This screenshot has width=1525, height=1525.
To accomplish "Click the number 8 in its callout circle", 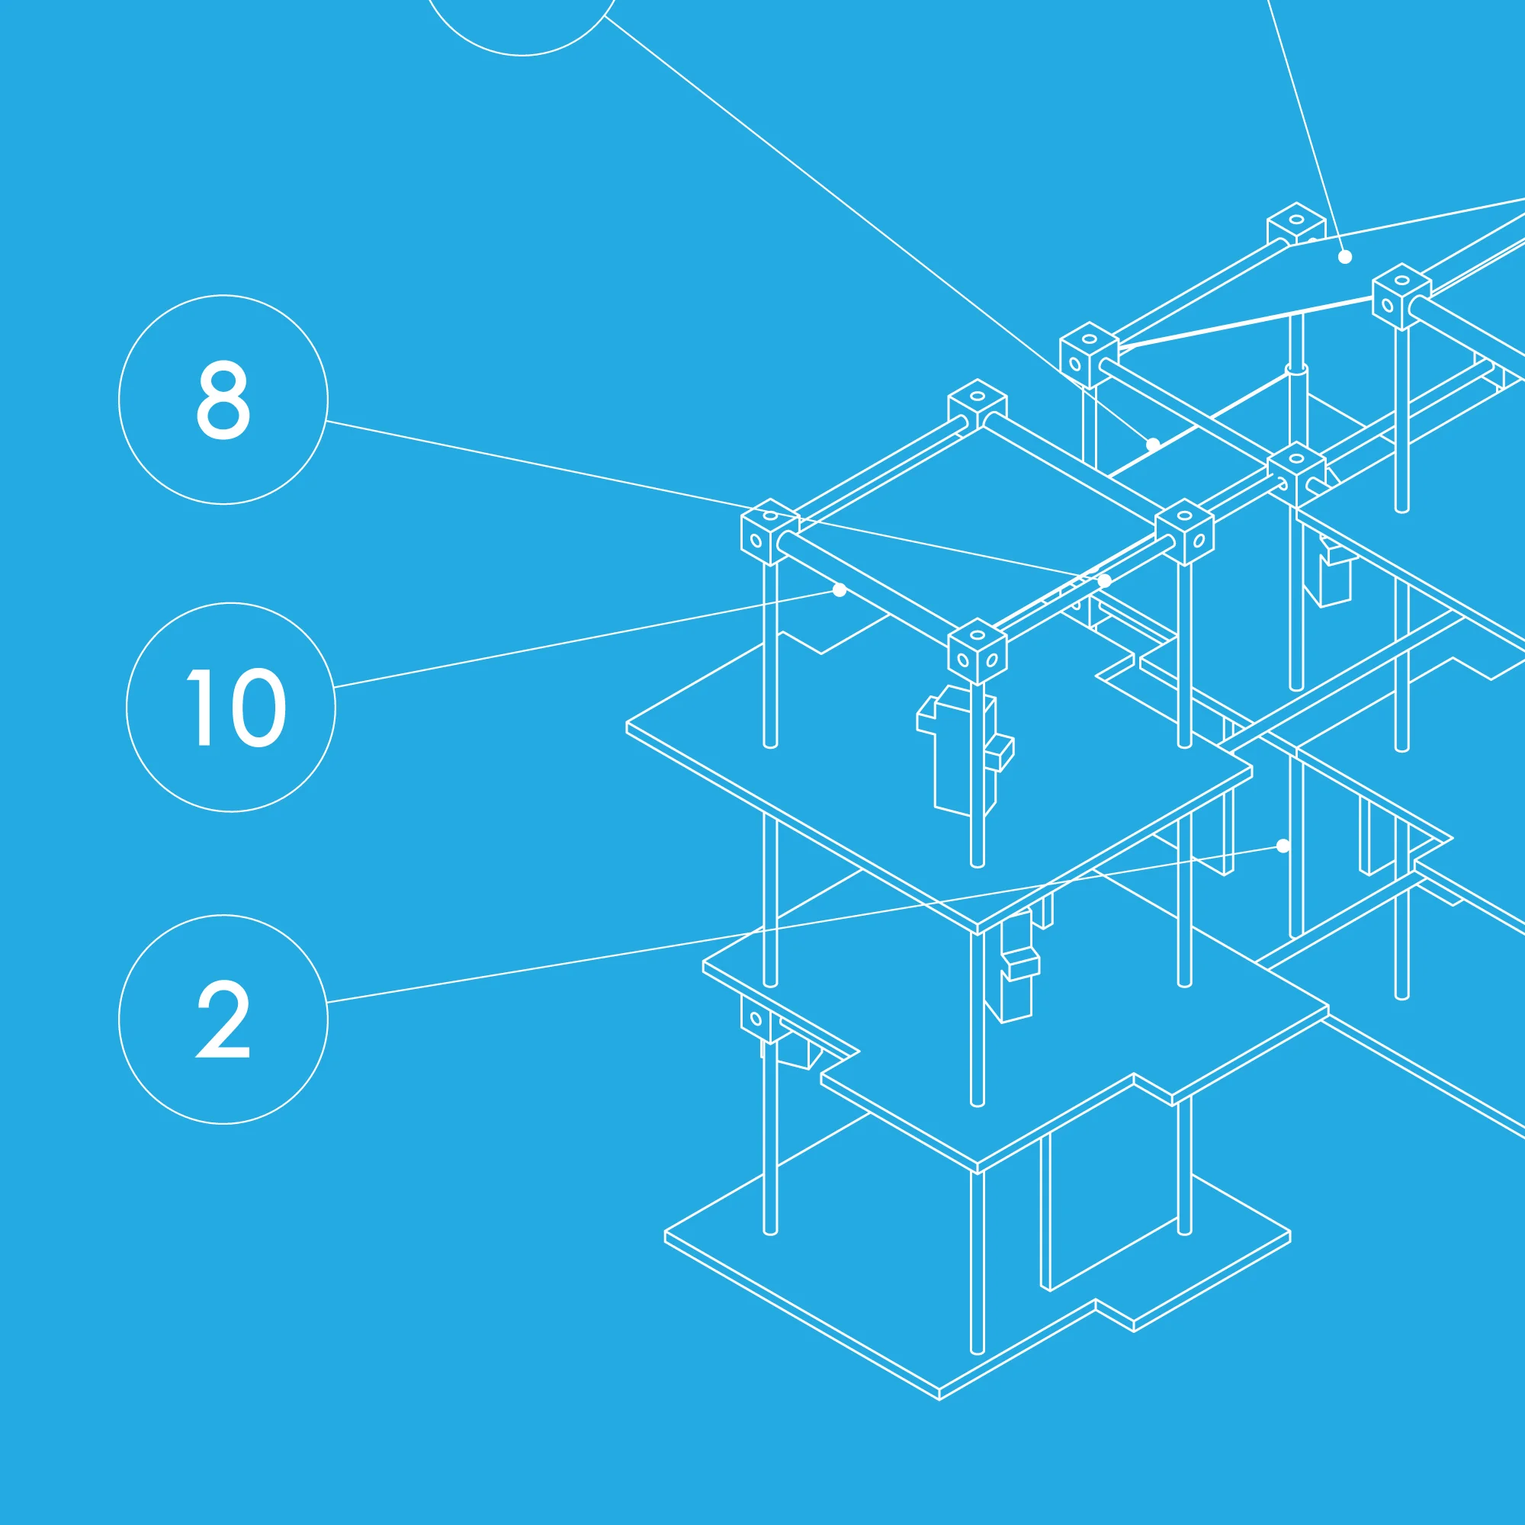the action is pos(223,400).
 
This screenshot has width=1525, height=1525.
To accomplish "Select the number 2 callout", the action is pos(223,1018).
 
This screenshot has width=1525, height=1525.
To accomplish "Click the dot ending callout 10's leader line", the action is pos(840,589).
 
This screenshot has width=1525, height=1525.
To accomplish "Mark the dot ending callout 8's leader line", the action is pos(1105,581).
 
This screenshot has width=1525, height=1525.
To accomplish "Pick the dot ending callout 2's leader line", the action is pos(1283,846).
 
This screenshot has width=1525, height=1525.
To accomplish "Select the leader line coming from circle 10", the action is pos(586,638).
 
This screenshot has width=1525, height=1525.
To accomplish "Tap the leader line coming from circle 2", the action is pos(805,924).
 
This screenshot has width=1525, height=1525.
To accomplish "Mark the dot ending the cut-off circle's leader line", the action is pos(1153,445).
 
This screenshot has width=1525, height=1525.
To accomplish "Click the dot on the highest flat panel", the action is pos(1345,256).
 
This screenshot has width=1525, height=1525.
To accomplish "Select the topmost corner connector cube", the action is pos(1296,224).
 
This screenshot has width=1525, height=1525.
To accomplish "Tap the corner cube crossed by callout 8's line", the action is pos(769,532).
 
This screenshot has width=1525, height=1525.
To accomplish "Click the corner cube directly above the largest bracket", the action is pos(978,650).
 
